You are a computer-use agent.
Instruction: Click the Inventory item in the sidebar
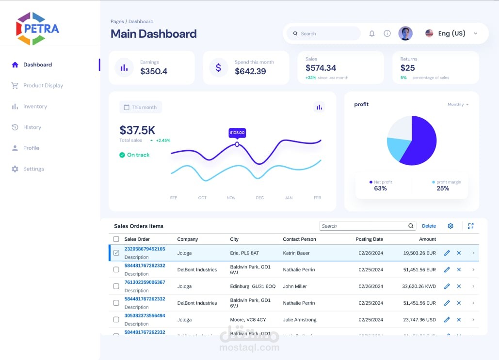click(35, 107)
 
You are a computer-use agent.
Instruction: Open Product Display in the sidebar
click(43, 86)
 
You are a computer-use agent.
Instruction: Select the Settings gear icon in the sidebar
click(15, 169)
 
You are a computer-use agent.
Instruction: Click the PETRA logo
click(37, 29)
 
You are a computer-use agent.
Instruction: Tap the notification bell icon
click(372, 33)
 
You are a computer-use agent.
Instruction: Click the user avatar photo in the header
click(405, 33)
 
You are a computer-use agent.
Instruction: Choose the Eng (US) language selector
click(451, 33)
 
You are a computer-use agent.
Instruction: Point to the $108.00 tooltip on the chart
click(237, 132)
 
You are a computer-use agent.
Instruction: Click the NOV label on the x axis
click(231, 198)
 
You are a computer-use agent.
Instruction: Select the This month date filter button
click(141, 107)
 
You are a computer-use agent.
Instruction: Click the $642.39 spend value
click(250, 71)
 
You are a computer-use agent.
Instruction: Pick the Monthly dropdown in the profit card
click(458, 105)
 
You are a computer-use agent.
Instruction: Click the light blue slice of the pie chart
click(398, 149)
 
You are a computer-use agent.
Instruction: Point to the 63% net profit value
click(380, 188)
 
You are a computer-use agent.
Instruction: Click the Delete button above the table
click(429, 226)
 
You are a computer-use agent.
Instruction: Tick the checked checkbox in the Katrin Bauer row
click(116, 253)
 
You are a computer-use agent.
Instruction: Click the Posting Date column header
click(369, 239)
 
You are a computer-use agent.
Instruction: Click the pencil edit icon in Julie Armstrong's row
click(447, 320)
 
